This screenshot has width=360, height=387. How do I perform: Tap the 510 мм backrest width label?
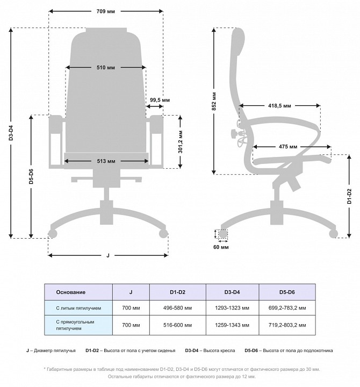[x=106, y=68]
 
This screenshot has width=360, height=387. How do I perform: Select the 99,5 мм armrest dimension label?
[x=160, y=100]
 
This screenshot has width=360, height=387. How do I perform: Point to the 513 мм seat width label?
[x=106, y=161]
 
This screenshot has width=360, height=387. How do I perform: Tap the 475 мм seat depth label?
[x=289, y=147]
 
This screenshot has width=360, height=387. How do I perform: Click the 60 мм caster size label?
[x=221, y=247]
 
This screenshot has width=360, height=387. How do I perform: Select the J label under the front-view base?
[x=108, y=255]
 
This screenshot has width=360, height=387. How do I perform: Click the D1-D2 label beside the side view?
[x=349, y=198]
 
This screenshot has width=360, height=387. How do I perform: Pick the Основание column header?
[x=71, y=292]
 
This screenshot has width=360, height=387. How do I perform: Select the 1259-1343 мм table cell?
[x=232, y=325]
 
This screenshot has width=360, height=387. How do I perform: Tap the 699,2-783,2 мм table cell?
[x=287, y=309]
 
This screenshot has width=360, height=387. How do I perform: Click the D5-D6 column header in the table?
[x=287, y=292]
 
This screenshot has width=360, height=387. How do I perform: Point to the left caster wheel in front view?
[x=53, y=234]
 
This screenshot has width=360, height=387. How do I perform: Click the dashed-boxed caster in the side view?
[x=221, y=234]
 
